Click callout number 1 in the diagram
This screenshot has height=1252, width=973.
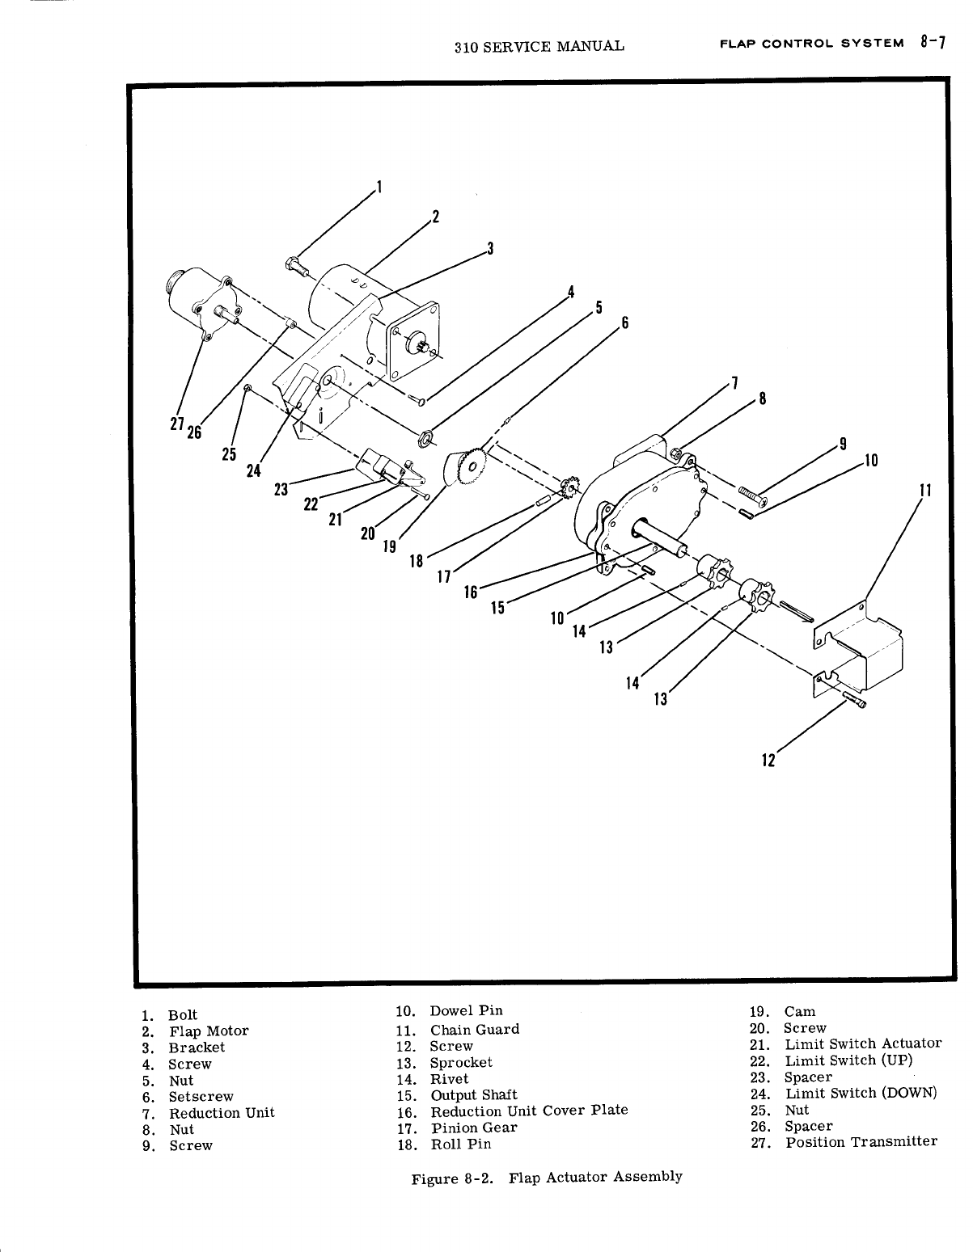pyautogui.click(x=379, y=190)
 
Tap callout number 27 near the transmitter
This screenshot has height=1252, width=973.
pyautogui.click(x=176, y=426)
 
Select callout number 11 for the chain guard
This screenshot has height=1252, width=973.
pyautogui.click(x=925, y=491)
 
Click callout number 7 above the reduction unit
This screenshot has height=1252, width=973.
pyautogui.click(x=734, y=383)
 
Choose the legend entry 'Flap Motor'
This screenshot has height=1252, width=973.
pyautogui.click(x=209, y=1031)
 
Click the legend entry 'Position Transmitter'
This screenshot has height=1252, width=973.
pyautogui.click(x=861, y=1142)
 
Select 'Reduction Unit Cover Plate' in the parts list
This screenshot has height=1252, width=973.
pyautogui.click(x=529, y=1111)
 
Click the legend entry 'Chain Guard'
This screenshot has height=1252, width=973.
pyautogui.click(x=474, y=1030)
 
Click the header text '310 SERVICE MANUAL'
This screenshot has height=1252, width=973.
pyautogui.click(x=539, y=47)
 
